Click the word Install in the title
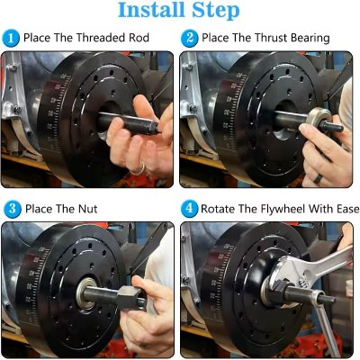[148, 11]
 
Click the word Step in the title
[213, 11]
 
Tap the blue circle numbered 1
[11, 38]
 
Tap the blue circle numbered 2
[190, 38]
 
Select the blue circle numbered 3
[11, 209]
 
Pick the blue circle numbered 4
[190, 209]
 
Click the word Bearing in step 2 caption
[304, 38]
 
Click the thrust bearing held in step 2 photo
[317, 121]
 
